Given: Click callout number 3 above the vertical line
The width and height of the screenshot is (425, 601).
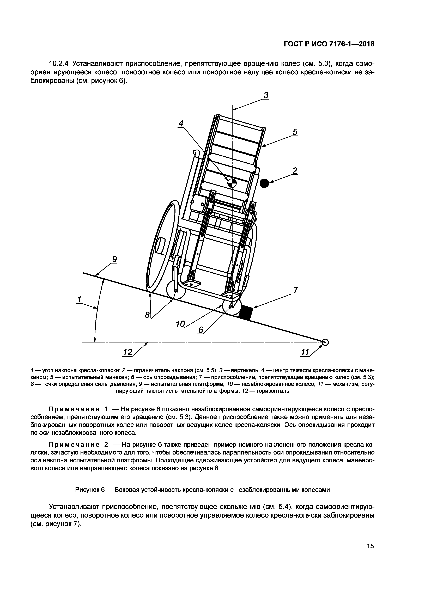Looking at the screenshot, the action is pos(266,95).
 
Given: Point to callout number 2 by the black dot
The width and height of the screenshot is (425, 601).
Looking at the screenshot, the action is pos(295,171).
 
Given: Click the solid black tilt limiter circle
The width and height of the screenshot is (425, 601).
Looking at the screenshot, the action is pos(264,183).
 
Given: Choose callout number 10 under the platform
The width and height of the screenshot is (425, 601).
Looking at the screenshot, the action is pos(180,324).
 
